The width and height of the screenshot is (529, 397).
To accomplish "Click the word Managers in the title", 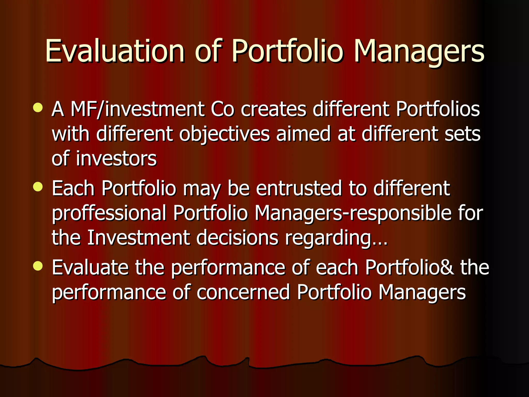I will [419, 51].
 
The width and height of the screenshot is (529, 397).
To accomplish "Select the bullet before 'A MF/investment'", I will [38, 108].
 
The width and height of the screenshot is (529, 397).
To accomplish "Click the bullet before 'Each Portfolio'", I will [38, 187].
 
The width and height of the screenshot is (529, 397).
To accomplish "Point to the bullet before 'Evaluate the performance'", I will [38, 266].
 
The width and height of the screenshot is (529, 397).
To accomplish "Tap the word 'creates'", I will [273, 109].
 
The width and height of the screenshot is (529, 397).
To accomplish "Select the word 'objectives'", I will [224, 134].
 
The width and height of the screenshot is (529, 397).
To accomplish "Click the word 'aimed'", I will [303, 134].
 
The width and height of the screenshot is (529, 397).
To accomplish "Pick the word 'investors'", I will [116, 158].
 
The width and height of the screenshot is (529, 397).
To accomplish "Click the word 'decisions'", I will [237, 238].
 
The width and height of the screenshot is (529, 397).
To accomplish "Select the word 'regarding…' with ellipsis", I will [336, 238].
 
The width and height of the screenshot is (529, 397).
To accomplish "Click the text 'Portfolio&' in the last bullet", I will [409, 267].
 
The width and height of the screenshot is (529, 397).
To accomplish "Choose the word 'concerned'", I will [243, 292].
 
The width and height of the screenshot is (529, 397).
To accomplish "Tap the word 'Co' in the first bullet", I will [222, 109].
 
